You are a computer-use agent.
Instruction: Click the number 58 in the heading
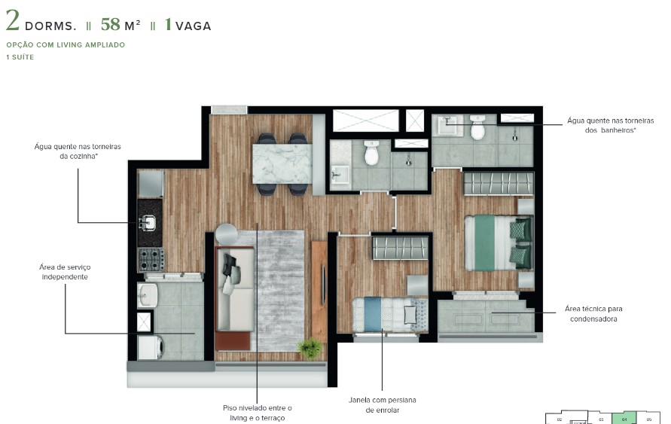111,24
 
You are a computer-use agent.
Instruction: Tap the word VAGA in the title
194,26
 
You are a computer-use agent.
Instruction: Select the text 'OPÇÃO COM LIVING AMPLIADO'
66,44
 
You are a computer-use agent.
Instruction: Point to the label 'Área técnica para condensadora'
593,313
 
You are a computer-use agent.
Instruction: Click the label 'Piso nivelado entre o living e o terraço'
257,413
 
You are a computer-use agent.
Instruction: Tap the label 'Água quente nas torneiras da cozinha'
78,151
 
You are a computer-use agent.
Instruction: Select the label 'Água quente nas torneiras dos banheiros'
610,125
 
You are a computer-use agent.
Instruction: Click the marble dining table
282,163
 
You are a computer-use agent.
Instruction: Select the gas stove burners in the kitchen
151,259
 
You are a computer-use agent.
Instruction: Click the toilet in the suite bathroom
477,129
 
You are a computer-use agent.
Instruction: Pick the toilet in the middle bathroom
371,153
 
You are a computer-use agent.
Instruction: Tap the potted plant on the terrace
309,348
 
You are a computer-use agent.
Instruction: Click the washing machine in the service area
149,347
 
